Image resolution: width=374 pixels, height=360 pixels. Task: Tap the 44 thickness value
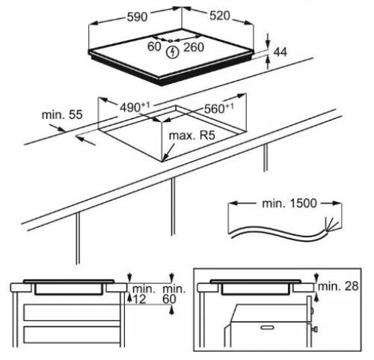(x=281, y=52)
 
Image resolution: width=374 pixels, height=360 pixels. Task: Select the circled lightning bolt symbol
(x=174, y=52)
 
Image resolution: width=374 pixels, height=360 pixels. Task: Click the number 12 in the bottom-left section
(x=140, y=299)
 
